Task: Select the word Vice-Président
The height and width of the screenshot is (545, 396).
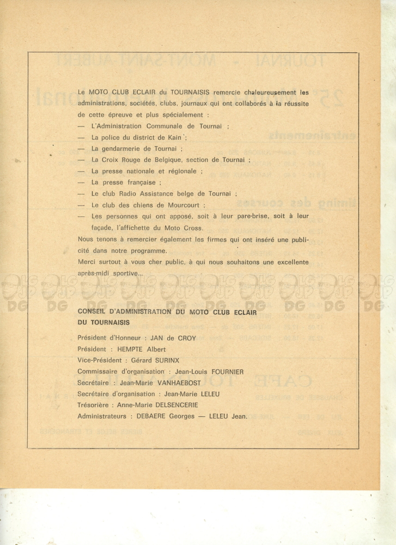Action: pyautogui.click(x=100, y=360)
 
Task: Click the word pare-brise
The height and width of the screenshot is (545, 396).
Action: pyautogui.click(x=245, y=216)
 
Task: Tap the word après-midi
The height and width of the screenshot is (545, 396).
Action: pyautogui.click(x=95, y=274)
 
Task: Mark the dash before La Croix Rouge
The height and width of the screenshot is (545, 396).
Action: pyautogui.click(x=81, y=160)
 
